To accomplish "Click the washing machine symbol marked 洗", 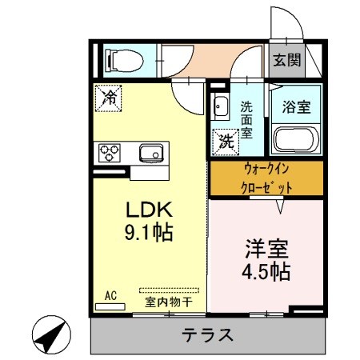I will (223, 142).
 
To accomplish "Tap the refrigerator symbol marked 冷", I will (109, 98).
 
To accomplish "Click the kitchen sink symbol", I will (150, 152).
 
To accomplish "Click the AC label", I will (110, 295).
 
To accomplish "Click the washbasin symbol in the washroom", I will (219, 104).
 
